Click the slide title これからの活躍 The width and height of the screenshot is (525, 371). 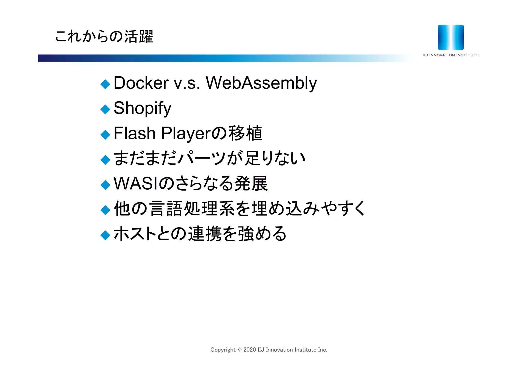pos(104,36)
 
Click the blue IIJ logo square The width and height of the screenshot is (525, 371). pos(451,37)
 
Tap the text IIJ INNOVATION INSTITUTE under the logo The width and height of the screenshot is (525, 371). pos(451,55)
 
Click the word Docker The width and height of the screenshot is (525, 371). pos(141,83)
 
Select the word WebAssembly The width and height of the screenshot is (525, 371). pos(261,83)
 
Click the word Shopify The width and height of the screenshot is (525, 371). pos(142,108)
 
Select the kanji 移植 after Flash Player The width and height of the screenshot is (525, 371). pos(245,133)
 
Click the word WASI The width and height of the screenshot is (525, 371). pos(136,184)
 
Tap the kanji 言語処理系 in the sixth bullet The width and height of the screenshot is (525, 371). pos(191,209)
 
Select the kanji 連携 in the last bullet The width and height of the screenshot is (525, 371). pos(205,234)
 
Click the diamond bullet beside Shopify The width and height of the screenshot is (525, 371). pos(105,109)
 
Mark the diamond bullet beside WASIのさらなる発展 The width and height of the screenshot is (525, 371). pos(105,185)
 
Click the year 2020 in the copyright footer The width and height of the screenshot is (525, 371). pos(249,350)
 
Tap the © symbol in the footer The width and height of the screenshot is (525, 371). pos(239,350)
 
